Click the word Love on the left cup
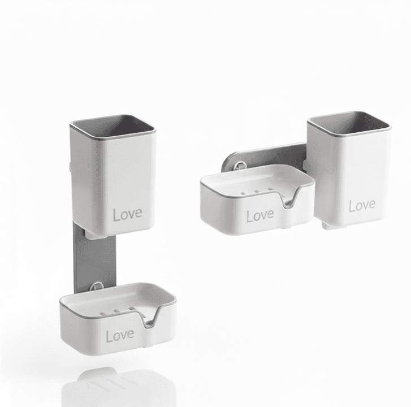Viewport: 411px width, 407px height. pos(128,214)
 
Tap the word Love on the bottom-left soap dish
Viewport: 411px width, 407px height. pos(120,335)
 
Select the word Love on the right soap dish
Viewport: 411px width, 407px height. pos(260,215)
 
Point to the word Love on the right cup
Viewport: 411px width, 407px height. pos(362,205)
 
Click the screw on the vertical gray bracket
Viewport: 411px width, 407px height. pos(96,286)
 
